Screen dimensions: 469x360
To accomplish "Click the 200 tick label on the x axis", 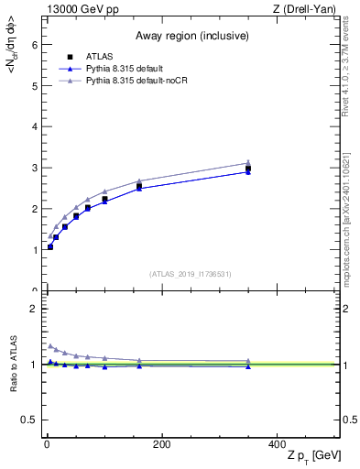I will (161, 444).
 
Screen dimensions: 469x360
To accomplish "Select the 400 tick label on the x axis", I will (277, 444).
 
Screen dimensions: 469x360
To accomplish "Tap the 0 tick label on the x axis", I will (47, 444).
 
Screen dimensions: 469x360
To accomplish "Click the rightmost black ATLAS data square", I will (248, 169).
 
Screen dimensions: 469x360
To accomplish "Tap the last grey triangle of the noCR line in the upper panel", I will (248, 162).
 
